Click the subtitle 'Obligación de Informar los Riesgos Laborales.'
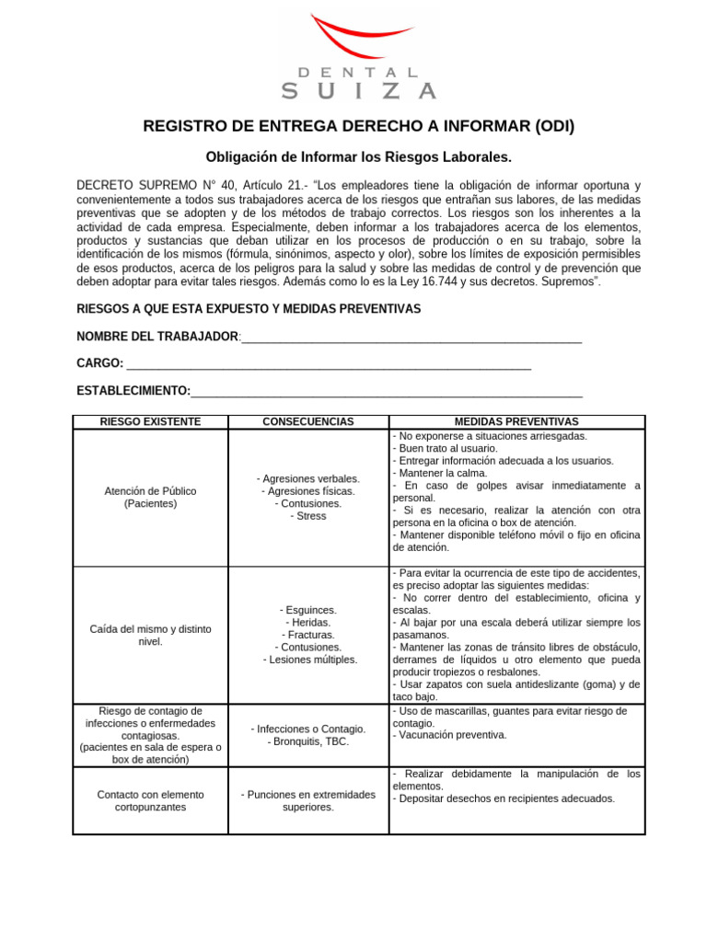357,157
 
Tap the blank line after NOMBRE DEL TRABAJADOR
411,338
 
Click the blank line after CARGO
329,364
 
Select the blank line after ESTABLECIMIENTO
387,392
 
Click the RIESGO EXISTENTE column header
150,421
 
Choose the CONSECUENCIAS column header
307,421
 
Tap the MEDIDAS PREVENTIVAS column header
516,421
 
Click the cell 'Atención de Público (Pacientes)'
150,497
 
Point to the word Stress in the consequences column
307,516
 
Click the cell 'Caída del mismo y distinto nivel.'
150,635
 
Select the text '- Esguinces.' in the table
307,610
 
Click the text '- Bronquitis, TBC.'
307,741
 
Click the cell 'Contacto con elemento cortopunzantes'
150,799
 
